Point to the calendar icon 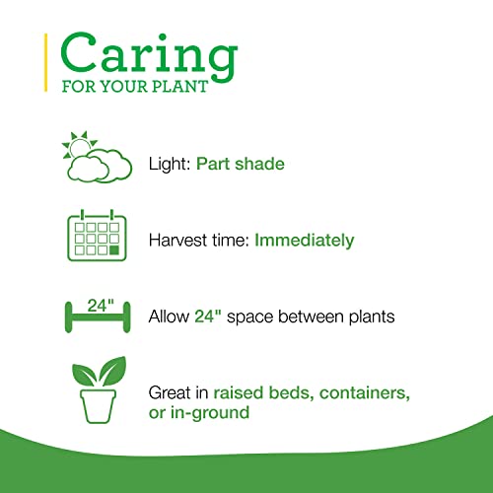click(98, 238)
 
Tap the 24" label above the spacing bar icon click(98, 306)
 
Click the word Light click(167, 161)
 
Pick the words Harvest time click(187, 240)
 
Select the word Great click(171, 391)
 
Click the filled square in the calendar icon click(114, 250)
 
